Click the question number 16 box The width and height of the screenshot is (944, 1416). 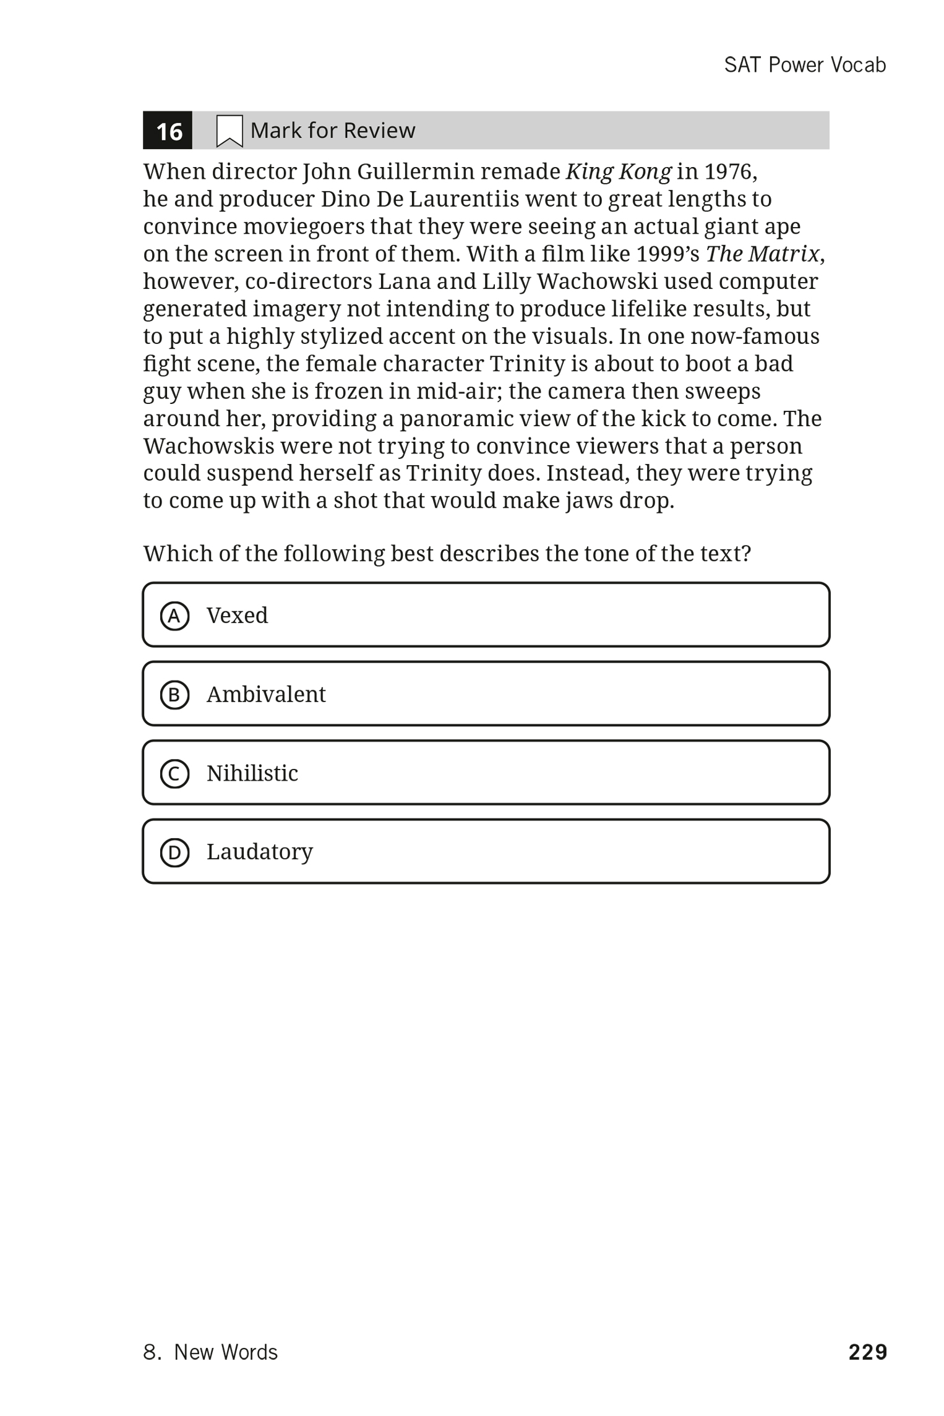(168, 131)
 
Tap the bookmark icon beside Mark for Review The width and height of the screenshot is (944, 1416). (229, 131)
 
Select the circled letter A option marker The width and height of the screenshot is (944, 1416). (174, 616)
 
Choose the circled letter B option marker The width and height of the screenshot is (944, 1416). (174, 695)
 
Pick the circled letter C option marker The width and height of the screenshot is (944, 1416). (174, 774)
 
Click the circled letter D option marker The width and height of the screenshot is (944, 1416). (174, 853)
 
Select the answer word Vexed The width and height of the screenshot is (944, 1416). (237, 616)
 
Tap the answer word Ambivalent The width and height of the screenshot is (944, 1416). (266, 695)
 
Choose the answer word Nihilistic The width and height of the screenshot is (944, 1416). (252, 773)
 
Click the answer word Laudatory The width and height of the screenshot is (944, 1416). (260, 852)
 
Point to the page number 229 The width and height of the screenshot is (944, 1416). (867, 1352)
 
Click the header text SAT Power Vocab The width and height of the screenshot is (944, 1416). (805, 65)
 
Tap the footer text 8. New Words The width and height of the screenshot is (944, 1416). (210, 1352)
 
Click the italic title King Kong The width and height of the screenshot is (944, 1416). (618, 172)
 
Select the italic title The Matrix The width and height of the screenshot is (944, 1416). (762, 254)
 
